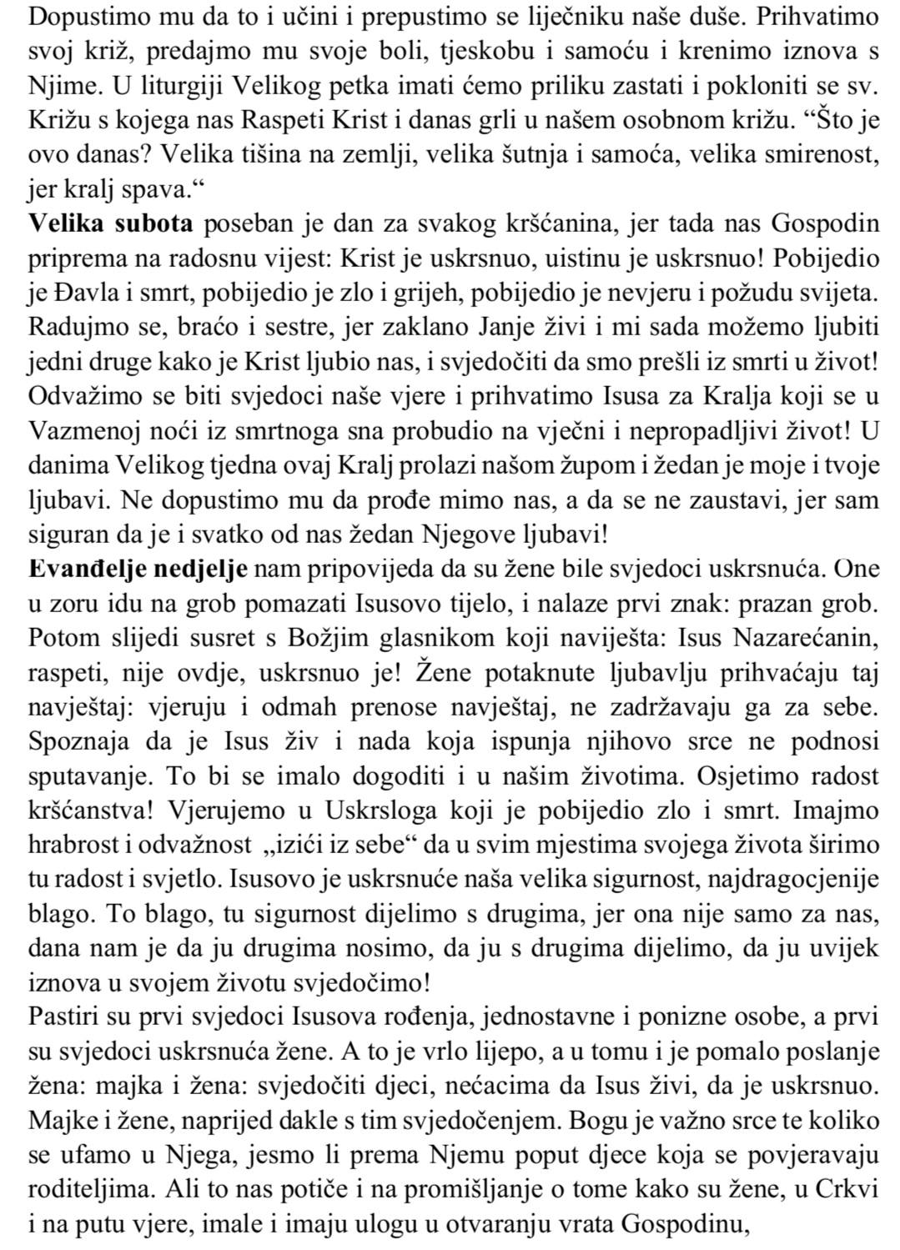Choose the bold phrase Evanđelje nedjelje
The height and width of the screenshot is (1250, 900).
click(x=138, y=569)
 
